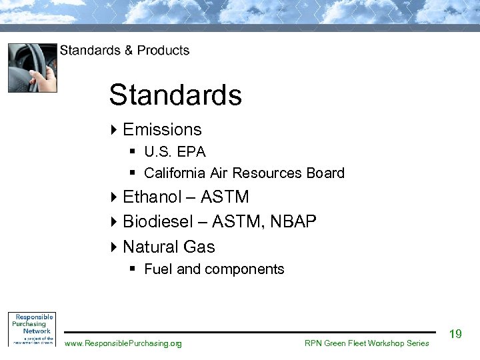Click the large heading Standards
pyautogui.click(x=175, y=95)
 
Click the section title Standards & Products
pyautogui.click(x=125, y=51)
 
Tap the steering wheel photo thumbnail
pyautogui.click(x=32, y=67)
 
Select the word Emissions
pyautogui.click(x=162, y=129)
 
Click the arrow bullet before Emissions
pyautogui.click(x=113, y=129)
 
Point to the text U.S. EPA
pyautogui.click(x=175, y=151)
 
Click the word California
pyautogui.click(x=175, y=173)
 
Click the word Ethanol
pyautogui.click(x=152, y=197)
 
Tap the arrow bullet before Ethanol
pyautogui.click(x=113, y=197)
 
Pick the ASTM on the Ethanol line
pyautogui.click(x=225, y=197)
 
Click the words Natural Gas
pyautogui.click(x=169, y=247)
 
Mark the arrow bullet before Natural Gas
pyautogui.click(x=113, y=247)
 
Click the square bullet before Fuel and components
pyautogui.click(x=133, y=269)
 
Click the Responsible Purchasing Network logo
pyautogui.click(x=31, y=328)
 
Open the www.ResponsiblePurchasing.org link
pyautogui.click(x=123, y=343)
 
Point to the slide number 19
pyautogui.click(x=455, y=334)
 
